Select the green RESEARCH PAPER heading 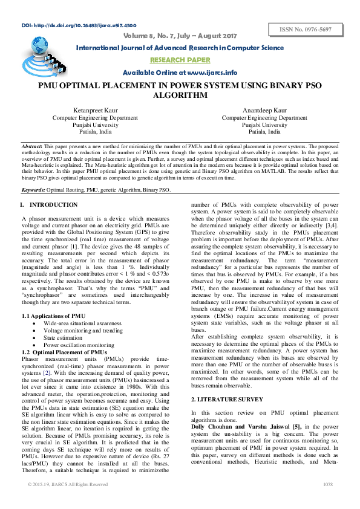[x=180, y=60]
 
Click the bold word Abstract [x=31, y=147]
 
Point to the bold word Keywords [x=33, y=190]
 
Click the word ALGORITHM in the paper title [x=180, y=96]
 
